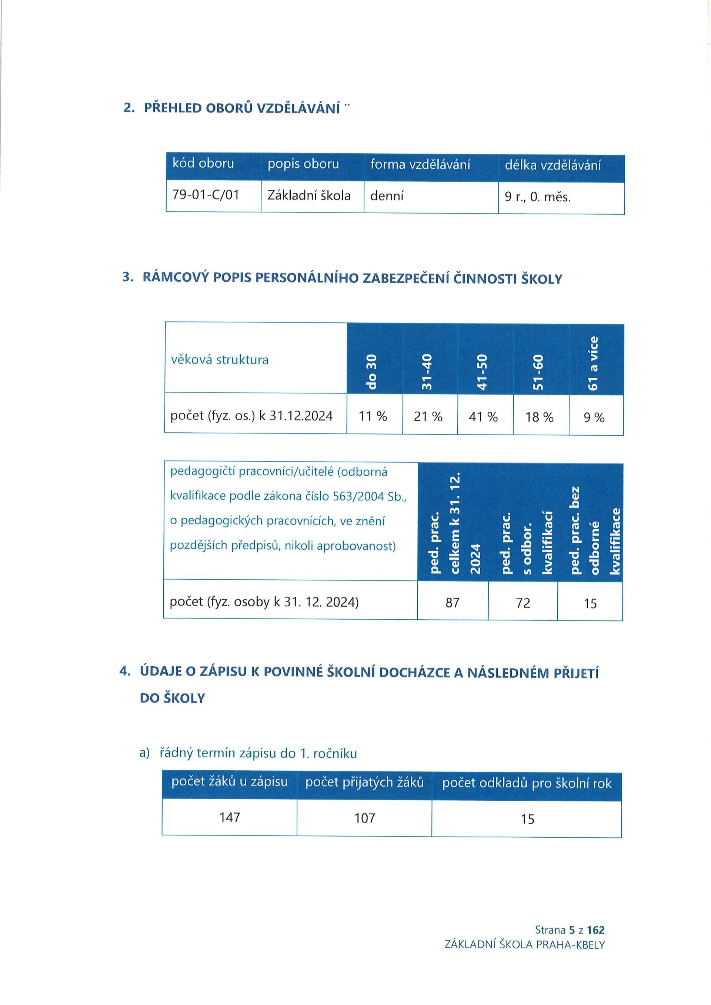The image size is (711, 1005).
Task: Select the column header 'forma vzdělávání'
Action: point(420,165)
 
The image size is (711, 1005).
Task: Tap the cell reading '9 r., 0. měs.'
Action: point(537,197)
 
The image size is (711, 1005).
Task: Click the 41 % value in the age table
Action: point(483,417)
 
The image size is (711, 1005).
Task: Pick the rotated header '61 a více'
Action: point(594,364)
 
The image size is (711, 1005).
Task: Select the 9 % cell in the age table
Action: point(594,418)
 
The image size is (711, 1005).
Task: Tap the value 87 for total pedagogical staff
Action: point(452,603)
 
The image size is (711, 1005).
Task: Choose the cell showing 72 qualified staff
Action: point(523,603)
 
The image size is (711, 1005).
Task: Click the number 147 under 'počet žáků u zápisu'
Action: point(230,817)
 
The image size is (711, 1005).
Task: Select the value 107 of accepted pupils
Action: point(364,818)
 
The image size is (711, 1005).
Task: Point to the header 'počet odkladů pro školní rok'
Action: point(526,783)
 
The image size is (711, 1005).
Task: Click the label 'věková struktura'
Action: point(219,360)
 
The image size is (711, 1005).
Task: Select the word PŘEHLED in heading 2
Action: point(173,108)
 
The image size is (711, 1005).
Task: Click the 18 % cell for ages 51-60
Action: point(540,417)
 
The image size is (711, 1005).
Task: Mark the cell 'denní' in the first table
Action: point(387,196)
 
